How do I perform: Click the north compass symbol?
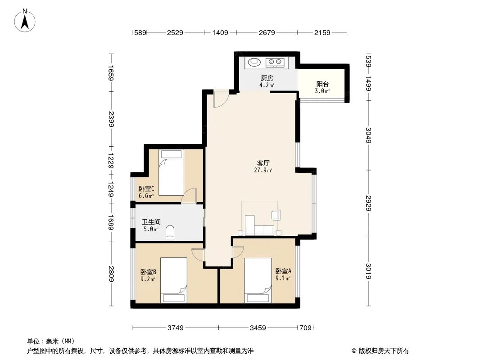click(x=26, y=20)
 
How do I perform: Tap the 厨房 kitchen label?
click(x=267, y=78)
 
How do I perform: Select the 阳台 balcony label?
click(x=322, y=84)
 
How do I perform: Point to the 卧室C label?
click(x=146, y=189)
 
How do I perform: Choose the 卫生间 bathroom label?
click(x=151, y=222)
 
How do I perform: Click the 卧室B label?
click(x=148, y=272)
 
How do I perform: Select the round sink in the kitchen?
click(x=255, y=62)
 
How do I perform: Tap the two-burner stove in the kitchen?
click(x=275, y=62)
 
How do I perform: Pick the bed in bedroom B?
click(x=174, y=280)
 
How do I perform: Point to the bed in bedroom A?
click(x=258, y=280)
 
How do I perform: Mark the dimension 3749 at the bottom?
click(x=176, y=328)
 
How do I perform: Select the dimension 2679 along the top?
click(x=266, y=32)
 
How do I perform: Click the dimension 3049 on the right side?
click(x=369, y=135)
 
